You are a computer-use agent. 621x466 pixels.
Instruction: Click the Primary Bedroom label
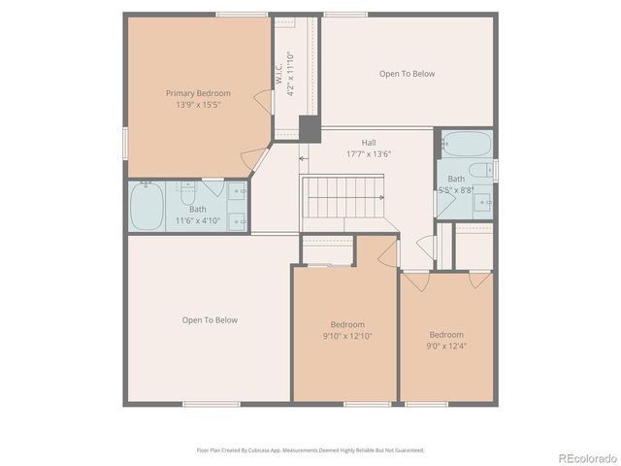(x=198, y=93)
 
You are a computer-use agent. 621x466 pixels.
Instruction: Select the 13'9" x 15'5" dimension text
(x=198, y=104)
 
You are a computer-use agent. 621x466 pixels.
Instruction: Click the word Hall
(x=369, y=143)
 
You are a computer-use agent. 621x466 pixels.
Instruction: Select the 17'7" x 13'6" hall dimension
(x=369, y=153)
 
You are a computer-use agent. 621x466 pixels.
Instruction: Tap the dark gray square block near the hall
(x=309, y=129)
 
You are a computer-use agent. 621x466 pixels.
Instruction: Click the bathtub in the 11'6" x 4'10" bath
(x=147, y=206)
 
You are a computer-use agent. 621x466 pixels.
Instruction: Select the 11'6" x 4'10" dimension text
(x=198, y=221)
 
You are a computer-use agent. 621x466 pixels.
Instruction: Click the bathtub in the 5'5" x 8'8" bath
(x=467, y=144)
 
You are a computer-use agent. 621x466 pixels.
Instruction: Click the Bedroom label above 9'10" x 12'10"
(x=347, y=324)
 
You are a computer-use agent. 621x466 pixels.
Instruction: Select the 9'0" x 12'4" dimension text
(x=446, y=345)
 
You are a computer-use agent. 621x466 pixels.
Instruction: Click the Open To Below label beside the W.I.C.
(x=407, y=74)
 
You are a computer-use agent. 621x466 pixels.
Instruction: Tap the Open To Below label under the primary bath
(x=210, y=320)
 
